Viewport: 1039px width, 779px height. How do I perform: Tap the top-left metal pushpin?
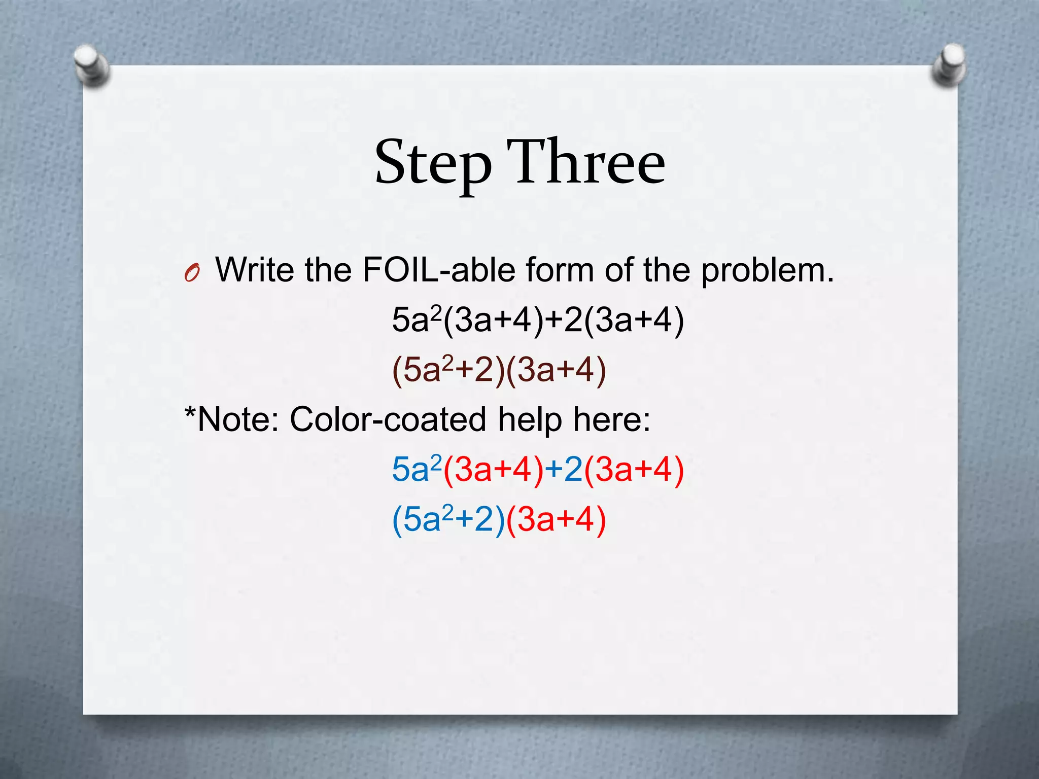coord(91,65)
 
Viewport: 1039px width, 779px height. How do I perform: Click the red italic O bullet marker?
coord(192,274)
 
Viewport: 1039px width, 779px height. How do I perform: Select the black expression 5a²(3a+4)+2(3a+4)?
coord(538,320)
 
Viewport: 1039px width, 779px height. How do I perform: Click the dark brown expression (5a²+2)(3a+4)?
coord(499,369)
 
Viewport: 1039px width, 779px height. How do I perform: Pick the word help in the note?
coord(530,419)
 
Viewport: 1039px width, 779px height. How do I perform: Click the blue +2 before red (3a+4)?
coord(564,470)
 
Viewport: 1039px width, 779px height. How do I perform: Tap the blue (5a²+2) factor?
coord(448,519)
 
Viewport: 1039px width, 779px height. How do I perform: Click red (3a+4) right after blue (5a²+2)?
coord(556,519)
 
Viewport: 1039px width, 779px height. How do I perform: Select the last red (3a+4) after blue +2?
coord(634,470)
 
